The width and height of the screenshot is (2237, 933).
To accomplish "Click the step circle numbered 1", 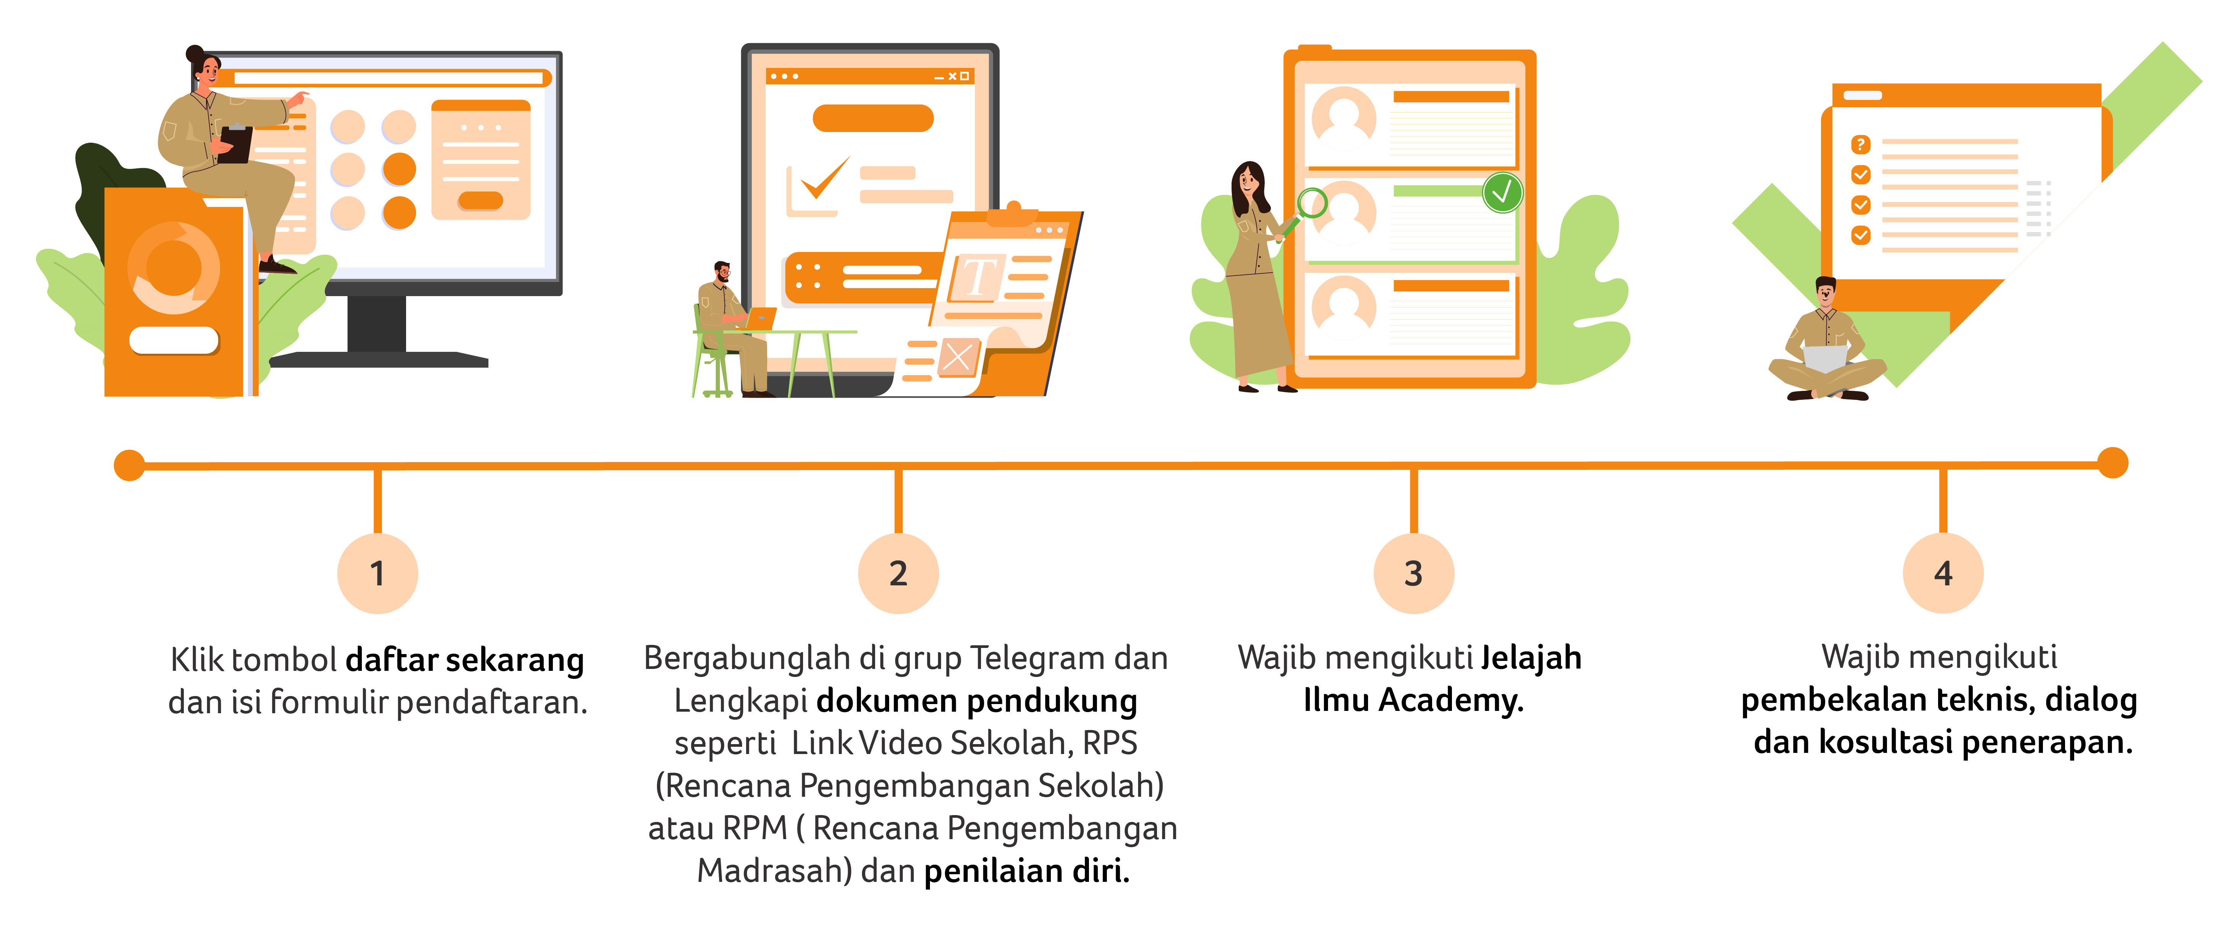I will (x=377, y=574).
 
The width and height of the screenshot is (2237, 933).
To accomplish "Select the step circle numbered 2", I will (x=898, y=574).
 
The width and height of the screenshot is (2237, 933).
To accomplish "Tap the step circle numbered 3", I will (x=1413, y=574).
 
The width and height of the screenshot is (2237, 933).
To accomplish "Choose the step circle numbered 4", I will (x=1943, y=574).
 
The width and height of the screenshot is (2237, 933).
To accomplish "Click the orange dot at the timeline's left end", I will (x=129, y=465).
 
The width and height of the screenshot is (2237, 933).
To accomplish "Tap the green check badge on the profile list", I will (x=1502, y=192).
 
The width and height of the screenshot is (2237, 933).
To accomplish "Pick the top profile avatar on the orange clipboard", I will (x=1343, y=119).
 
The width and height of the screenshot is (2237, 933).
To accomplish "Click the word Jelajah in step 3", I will (x=1531, y=659).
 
